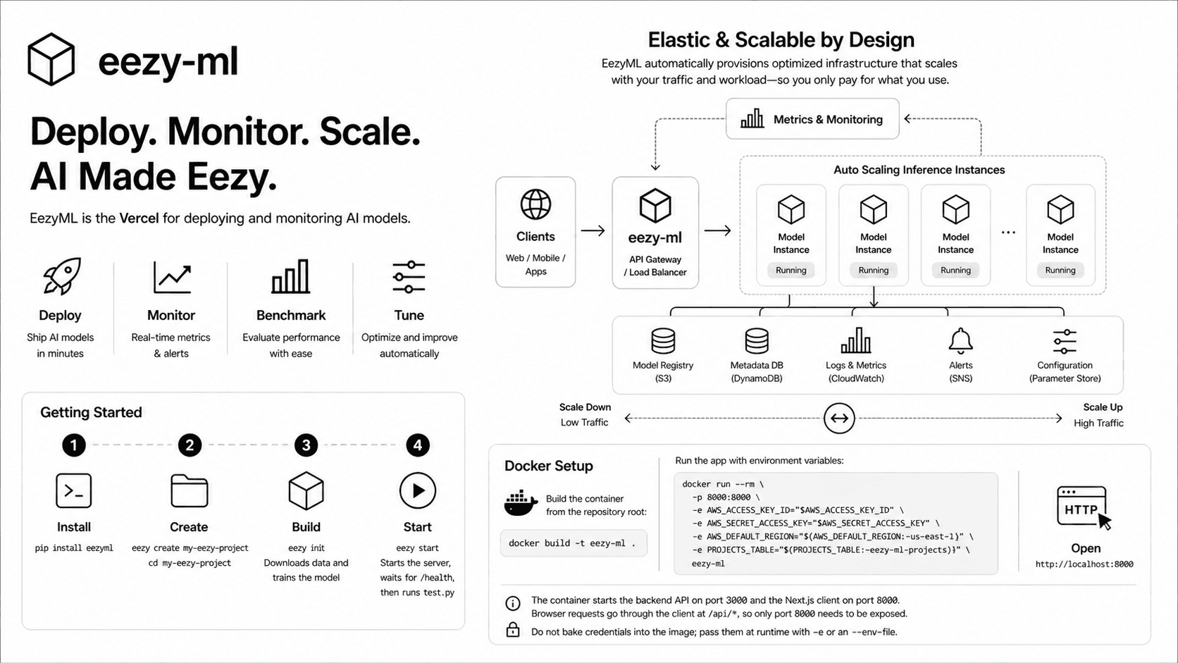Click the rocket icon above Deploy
(x=62, y=275)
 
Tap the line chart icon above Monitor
(x=172, y=277)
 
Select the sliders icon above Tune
(x=409, y=277)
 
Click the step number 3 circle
(x=306, y=445)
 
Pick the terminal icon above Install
(x=73, y=490)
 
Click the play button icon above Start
(x=418, y=490)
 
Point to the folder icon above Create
(x=190, y=490)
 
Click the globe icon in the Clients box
(x=535, y=204)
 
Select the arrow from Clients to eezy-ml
(x=593, y=230)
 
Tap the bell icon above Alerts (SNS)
(x=960, y=341)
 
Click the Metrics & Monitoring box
(x=812, y=119)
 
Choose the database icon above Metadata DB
(x=757, y=341)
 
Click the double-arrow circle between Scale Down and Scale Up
(x=839, y=419)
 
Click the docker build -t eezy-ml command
(x=573, y=543)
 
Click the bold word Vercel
(x=139, y=218)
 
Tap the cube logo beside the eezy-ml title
(x=51, y=59)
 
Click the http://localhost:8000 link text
(x=1084, y=564)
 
